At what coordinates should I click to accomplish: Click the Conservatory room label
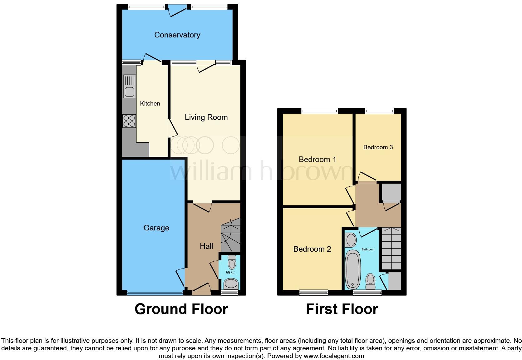click(177, 35)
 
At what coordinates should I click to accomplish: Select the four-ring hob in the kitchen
click(129, 121)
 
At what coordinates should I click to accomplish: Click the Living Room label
click(206, 117)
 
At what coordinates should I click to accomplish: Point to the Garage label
click(156, 228)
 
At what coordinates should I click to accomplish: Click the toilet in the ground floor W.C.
click(232, 262)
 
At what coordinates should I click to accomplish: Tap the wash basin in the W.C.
click(231, 284)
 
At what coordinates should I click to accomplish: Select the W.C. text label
click(230, 273)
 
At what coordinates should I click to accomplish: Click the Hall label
click(206, 246)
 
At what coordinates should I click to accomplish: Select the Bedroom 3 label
click(378, 147)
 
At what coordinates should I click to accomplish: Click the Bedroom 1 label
click(317, 159)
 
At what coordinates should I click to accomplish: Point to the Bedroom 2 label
click(312, 249)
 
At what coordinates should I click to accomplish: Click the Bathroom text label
click(368, 249)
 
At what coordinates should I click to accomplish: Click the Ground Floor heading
click(181, 309)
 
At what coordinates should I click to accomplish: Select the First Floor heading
click(342, 309)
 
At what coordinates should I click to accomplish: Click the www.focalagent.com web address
click(333, 356)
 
